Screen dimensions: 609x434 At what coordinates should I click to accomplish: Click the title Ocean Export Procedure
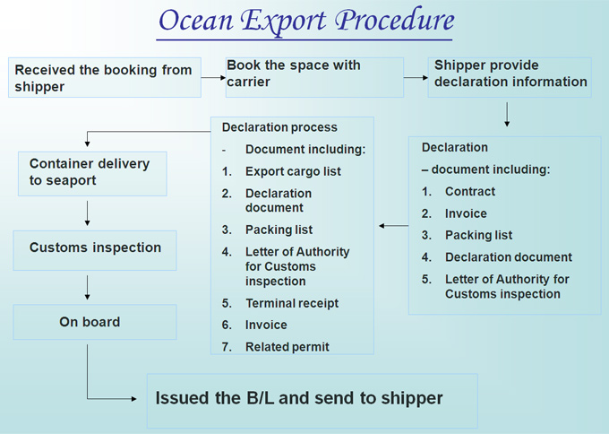coord(306,21)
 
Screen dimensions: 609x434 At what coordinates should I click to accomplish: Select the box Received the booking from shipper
coord(105,77)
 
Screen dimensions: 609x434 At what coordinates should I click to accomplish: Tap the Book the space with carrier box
coord(314,77)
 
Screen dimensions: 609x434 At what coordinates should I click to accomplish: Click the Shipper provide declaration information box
coord(510,77)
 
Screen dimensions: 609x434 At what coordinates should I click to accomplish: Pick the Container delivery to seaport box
coord(92,174)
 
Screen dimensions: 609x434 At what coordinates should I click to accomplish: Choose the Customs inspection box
coord(95,250)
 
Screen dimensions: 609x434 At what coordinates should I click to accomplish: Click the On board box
coord(95,322)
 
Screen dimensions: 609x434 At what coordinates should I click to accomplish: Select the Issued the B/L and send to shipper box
coord(313,401)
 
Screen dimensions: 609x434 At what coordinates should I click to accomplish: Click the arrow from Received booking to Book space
coord(213,77)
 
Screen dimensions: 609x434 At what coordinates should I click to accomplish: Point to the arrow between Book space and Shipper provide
coord(416,77)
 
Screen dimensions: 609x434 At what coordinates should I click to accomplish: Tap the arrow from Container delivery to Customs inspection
coord(87,213)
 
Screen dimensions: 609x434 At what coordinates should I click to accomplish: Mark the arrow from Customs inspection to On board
coord(87,288)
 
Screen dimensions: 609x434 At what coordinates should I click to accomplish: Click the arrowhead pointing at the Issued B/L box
coord(134,399)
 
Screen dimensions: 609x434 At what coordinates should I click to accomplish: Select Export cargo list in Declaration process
coord(293,171)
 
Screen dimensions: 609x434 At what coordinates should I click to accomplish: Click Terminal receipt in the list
coord(292,303)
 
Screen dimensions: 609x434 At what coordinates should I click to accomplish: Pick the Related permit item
coord(287,347)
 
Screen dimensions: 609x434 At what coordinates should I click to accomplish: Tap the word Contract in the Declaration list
coord(470,191)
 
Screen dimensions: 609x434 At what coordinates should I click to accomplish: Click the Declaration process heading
coord(279,127)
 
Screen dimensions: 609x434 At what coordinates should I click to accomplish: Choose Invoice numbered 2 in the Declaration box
coord(466,213)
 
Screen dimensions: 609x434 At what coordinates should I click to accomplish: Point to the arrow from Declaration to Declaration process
coord(393,226)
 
